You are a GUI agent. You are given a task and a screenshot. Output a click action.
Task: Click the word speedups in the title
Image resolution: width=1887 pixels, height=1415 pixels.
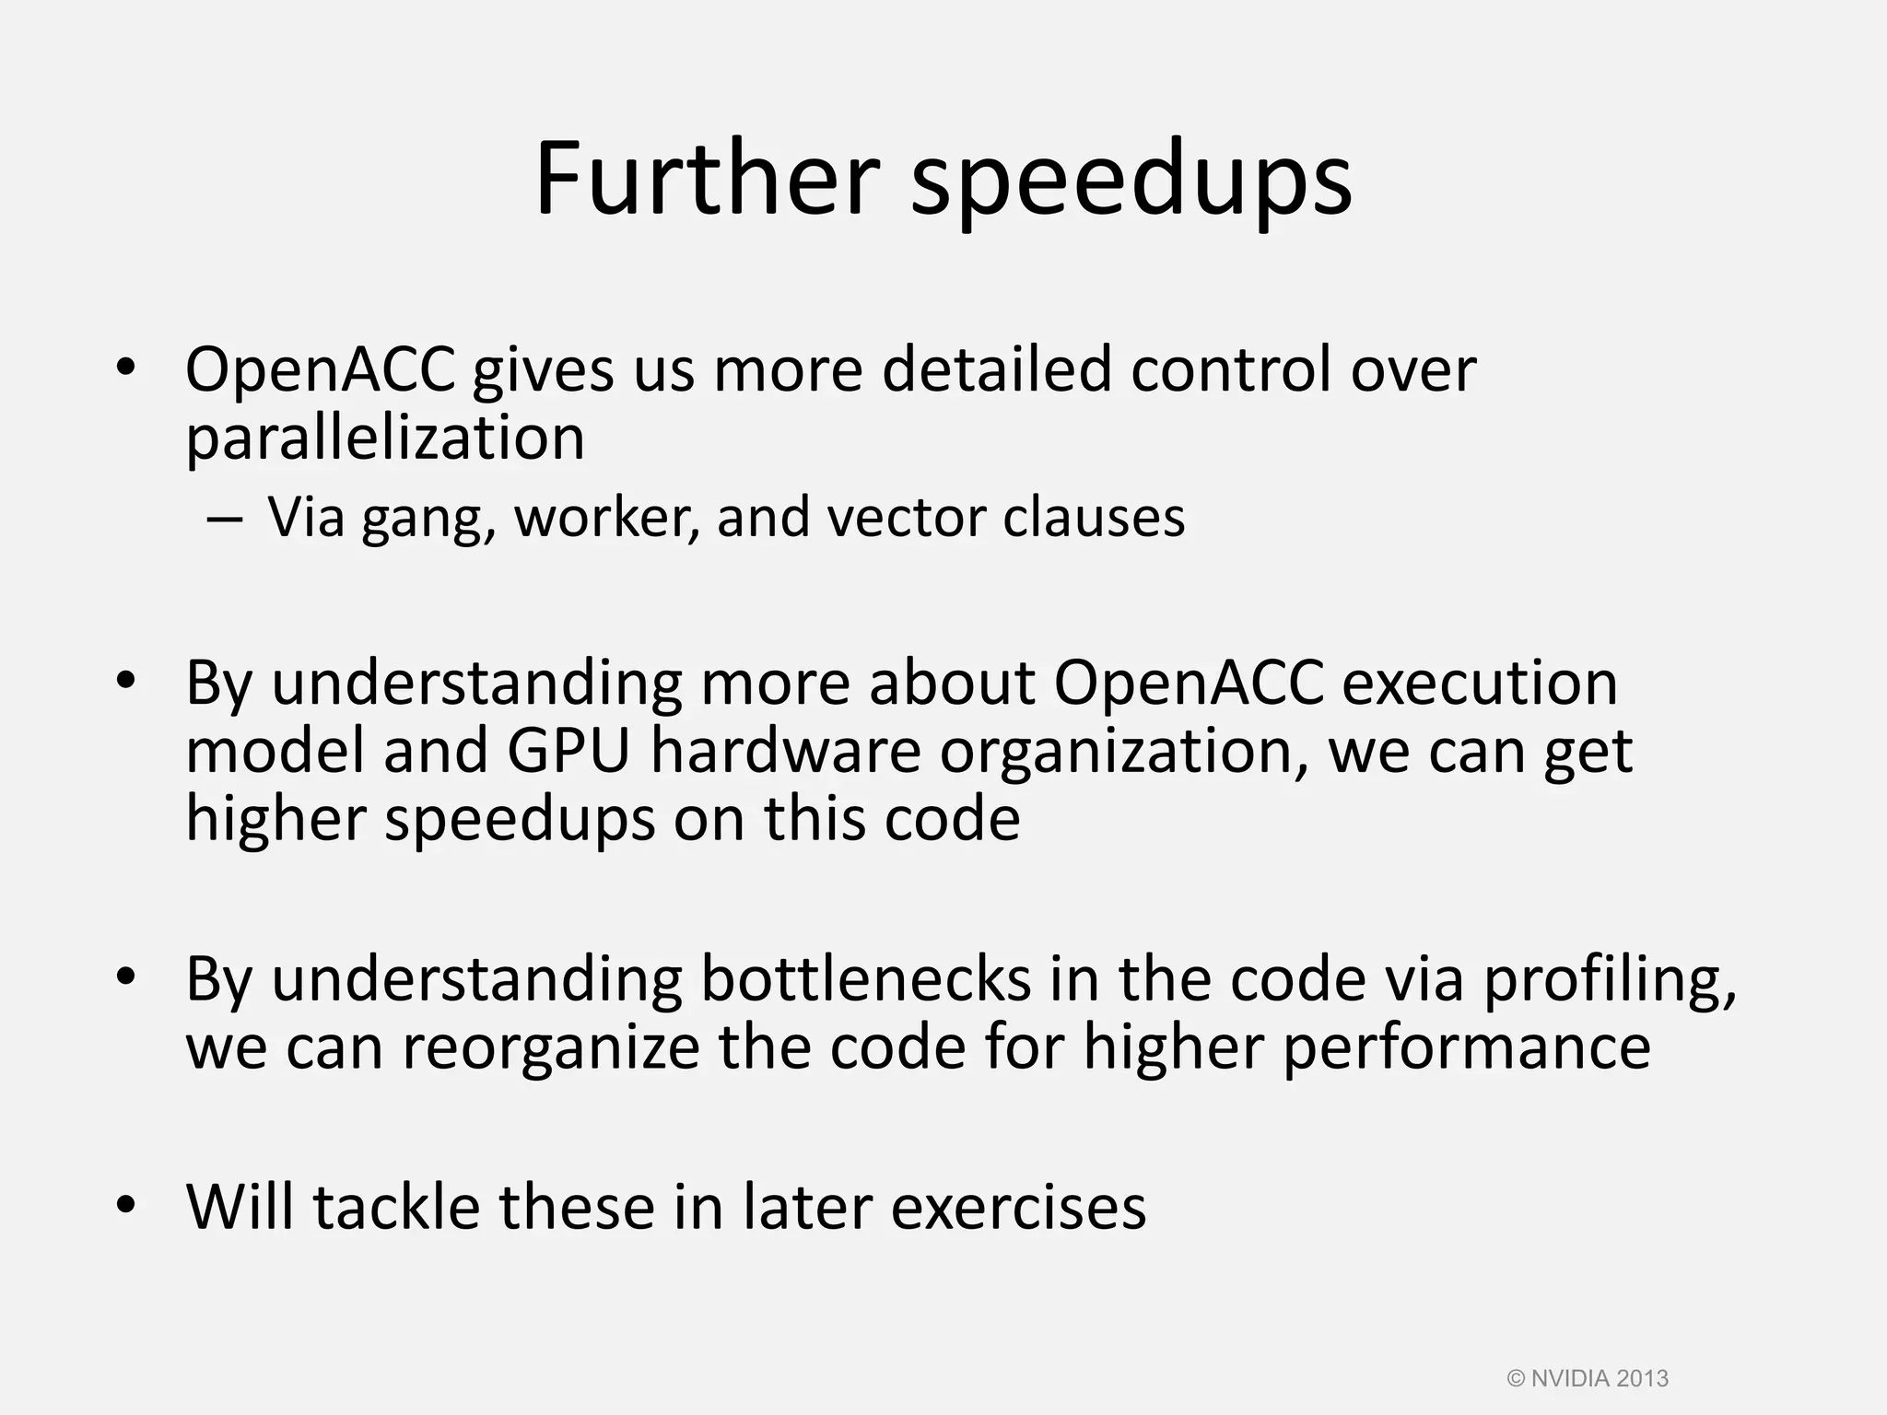click(x=1131, y=181)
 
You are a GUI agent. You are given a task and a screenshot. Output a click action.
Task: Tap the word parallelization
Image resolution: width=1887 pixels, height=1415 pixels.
click(x=385, y=438)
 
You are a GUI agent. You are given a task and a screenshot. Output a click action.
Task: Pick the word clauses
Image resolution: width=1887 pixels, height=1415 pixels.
click(x=1094, y=517)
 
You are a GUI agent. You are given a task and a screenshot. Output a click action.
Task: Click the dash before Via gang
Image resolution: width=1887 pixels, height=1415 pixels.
click(x=225, y=519)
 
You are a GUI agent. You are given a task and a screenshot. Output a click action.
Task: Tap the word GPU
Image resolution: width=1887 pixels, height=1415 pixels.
click(x=568, y=751)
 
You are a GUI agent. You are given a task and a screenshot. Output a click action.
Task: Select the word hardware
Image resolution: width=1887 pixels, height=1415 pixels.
click(x=786, y=751)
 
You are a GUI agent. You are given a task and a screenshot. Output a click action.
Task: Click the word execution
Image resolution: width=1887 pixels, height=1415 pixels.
click(x=1480, y=683)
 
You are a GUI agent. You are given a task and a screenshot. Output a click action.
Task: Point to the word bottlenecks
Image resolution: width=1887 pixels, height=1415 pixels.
click(x=865, y=978)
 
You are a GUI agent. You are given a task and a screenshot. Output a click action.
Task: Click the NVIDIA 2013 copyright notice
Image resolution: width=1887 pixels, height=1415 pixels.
click(x=1588, y=1378)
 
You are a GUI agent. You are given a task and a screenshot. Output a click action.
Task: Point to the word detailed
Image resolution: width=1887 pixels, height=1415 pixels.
click(x=998, y=368)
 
